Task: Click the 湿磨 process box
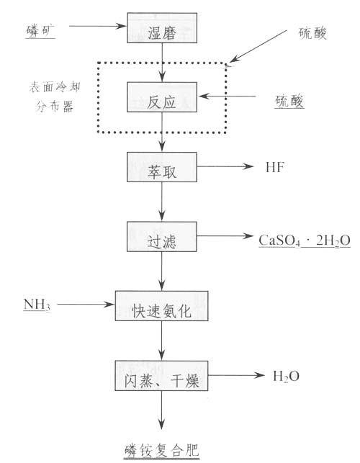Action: coord(162,28)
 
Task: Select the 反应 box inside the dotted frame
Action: coord(162,97)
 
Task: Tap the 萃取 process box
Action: coord(162,167)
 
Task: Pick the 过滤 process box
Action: coord(162,236)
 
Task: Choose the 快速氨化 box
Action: coord(161,306)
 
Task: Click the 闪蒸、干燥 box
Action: coord(161,376)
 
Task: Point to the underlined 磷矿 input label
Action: coord(40,31)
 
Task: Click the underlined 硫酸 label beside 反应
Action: coord(289,102)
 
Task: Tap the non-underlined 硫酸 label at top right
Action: coord(312,33)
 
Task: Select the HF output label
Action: coord(275,168)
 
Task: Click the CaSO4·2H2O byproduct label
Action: coord(305,241)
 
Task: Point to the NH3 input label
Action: coord(37,305)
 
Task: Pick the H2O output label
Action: coord(286,377)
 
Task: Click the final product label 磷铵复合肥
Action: coord(161,451)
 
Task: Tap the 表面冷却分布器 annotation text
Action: coord(55,97)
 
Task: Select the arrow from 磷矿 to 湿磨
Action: coord(98,26)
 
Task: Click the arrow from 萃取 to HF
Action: coord(225,166)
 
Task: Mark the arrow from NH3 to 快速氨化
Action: coord(86,304)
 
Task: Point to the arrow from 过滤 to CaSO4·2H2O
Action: coord(225,236)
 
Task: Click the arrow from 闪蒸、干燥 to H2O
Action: coord(237,375)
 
